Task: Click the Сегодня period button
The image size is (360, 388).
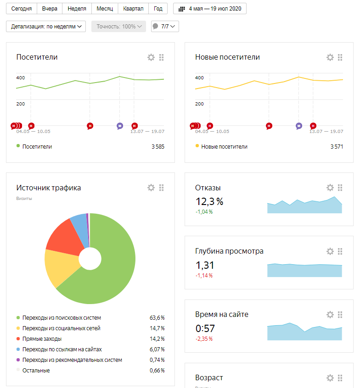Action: tap(22, 9)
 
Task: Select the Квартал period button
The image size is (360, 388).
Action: tap(133, 9)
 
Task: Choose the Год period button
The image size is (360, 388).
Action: tap(158, 9)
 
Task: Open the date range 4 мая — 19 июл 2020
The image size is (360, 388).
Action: tap(210, 9)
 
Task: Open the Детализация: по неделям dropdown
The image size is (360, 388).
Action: tap(47, 27)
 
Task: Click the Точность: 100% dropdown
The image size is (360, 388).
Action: tap(118, 27)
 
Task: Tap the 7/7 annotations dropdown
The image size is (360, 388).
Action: tap(165, 27)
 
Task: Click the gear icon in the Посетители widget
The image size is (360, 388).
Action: tap(151, 57)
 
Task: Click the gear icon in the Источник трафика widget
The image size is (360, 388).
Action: tap(151, 188)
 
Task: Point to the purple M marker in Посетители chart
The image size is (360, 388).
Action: tap(120, 126)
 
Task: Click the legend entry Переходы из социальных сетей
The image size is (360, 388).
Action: tap(61, 328)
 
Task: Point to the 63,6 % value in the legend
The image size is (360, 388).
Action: tap(157, 318)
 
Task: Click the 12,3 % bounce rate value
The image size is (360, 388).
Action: tap(209, 201)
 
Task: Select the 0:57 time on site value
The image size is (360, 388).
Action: tap(205, 328)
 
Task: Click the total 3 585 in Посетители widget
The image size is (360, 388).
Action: tap(158, 147)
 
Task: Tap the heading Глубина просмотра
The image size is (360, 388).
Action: tap(229, 251)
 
